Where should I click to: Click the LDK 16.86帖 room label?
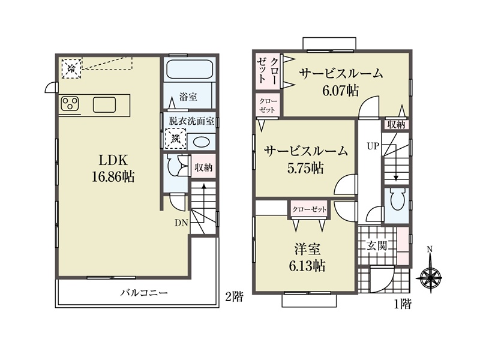113,168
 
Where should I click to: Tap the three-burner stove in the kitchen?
70,103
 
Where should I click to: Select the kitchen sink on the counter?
104,104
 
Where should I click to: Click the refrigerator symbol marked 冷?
71,68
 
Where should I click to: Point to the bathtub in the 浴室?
190,70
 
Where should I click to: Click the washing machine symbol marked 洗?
176,139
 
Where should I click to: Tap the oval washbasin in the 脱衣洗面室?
202,142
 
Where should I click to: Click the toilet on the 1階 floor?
398,199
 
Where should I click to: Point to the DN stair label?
181,223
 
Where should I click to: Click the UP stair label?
373,146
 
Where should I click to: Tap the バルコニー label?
144,293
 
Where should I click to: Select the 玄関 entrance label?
377,245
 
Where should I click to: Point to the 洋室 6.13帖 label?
307,257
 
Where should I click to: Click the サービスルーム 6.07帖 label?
341,82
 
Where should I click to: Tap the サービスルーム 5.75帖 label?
306,160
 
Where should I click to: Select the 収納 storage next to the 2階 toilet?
203,167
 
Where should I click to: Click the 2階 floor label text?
234,296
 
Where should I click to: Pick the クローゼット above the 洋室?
309,209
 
